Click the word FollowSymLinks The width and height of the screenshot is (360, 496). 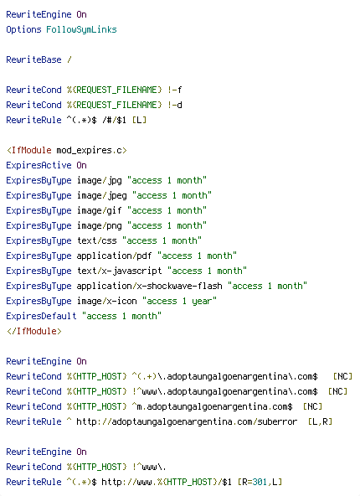tap(81, 29)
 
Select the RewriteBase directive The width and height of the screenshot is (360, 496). tap(33, 59)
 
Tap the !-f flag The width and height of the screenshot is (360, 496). tap(175, 90)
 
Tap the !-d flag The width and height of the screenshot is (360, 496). tap(175, 105)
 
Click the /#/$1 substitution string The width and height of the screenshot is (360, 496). tap(114, 120)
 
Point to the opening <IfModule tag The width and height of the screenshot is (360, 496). tap(28, 150)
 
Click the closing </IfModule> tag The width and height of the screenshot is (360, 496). tap(33, 331)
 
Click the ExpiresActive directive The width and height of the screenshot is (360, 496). tap(39, 165)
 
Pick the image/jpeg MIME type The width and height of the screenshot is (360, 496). tap(102, 195)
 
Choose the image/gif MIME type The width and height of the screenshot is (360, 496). tap(100, 210)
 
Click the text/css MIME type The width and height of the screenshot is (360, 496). tap(97, 240)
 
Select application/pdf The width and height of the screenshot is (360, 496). tap(114, 256)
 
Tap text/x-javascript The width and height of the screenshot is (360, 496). tap(120, 271)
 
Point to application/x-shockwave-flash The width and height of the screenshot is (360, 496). tap(150, 286)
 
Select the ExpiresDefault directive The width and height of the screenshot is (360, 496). tap(41, 316)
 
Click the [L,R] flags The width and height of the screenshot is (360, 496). tap(320, 421)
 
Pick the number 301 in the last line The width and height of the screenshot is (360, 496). tap(260, 482)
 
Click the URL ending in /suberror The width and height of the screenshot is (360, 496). tap(187, 422)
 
